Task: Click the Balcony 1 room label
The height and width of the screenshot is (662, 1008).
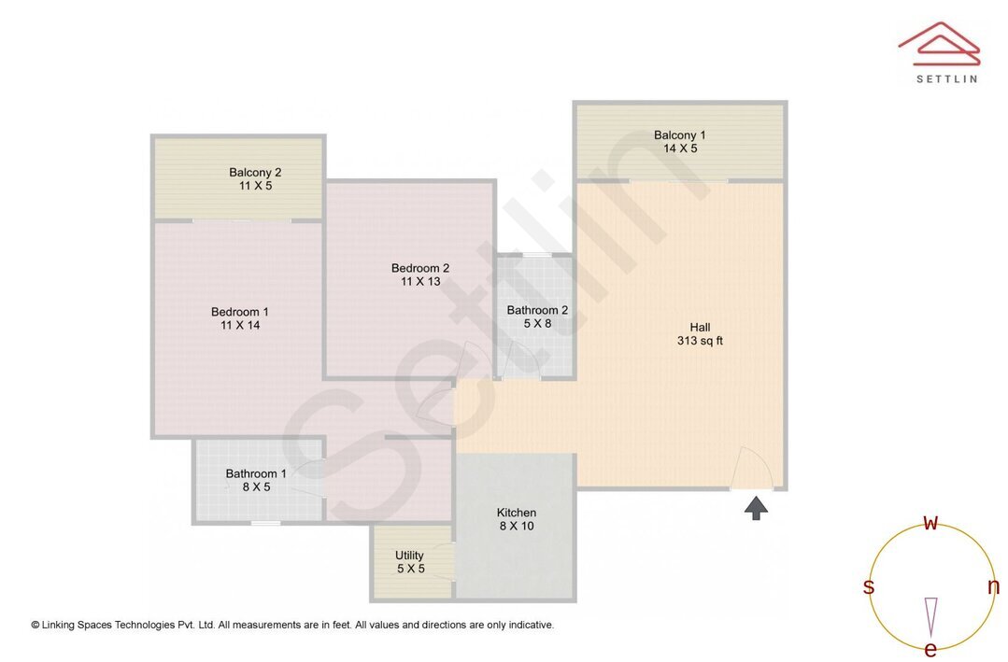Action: click(679, 135)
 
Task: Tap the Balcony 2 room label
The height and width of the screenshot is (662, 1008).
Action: click(255, 172)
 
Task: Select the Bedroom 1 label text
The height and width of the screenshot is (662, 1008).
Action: click(239, 312)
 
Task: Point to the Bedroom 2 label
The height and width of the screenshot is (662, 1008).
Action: click(419, 268)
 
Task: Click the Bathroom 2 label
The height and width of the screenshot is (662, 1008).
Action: click(537, 310)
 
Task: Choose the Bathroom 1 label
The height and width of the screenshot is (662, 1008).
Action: click(256, 473)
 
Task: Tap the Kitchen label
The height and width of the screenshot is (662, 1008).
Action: click(516, 513)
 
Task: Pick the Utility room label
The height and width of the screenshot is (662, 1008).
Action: click(409, 556)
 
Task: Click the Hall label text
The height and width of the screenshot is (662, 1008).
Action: click(700, 327)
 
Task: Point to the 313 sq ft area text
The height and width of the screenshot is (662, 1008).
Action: click(700, 341)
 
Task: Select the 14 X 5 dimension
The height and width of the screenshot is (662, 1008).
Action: click(679, 148)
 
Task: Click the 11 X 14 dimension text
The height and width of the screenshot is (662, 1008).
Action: click(239, 325)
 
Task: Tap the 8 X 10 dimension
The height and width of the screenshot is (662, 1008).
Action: click(516, 526)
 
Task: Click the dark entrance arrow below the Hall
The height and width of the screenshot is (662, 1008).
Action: click(756, 507)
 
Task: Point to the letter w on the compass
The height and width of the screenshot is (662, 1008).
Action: click(930, 523)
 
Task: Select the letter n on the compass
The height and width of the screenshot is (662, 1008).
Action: click(993, 586)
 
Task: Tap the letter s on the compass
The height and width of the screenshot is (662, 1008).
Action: click(869, 586)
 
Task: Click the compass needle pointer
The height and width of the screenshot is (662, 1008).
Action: click(930, 616)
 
